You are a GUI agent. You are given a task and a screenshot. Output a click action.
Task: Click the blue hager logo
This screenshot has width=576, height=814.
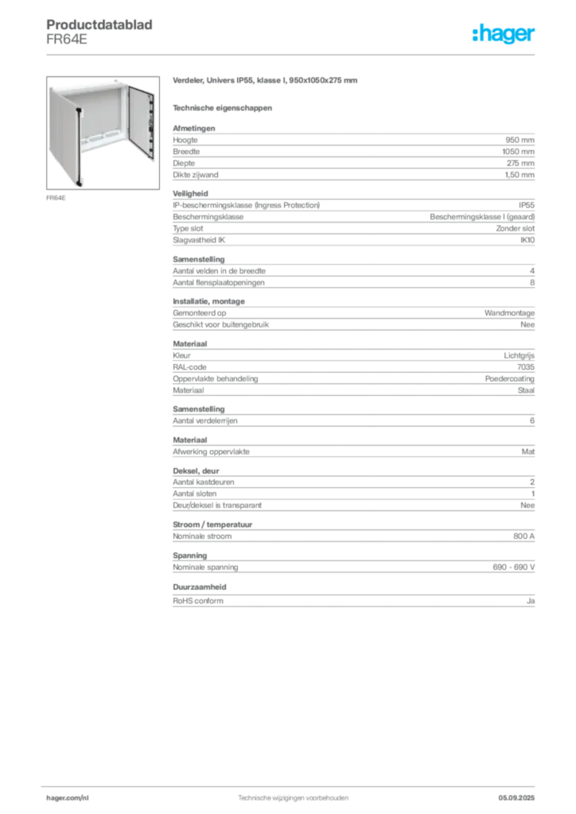(505, 35)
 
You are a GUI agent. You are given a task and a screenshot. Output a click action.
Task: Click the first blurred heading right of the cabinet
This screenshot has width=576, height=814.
(267, 82)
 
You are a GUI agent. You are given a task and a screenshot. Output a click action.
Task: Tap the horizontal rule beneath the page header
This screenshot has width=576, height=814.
(292, 54)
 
